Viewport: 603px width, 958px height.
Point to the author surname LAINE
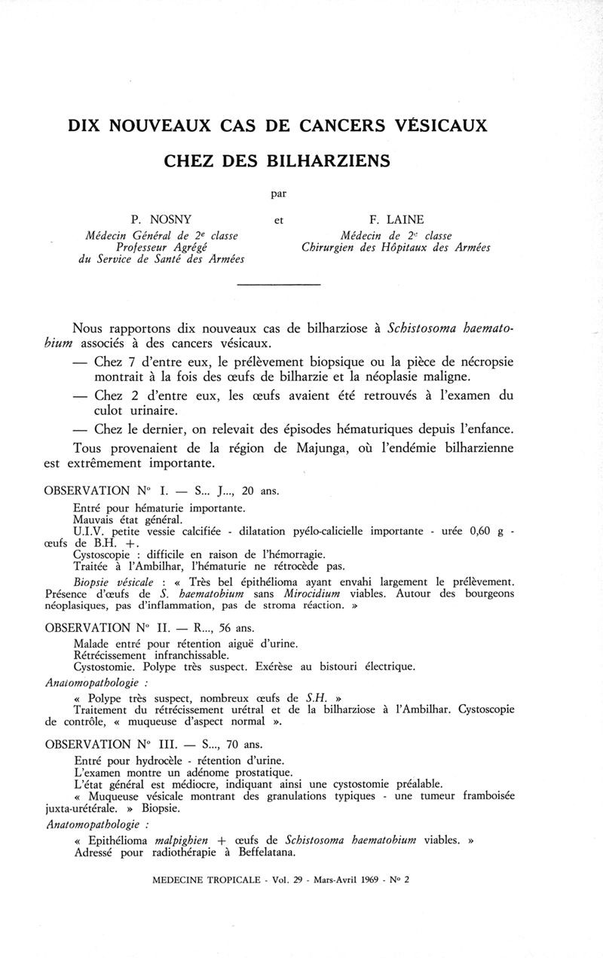[405, 221]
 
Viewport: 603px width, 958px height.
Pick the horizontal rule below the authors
[279, 284]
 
